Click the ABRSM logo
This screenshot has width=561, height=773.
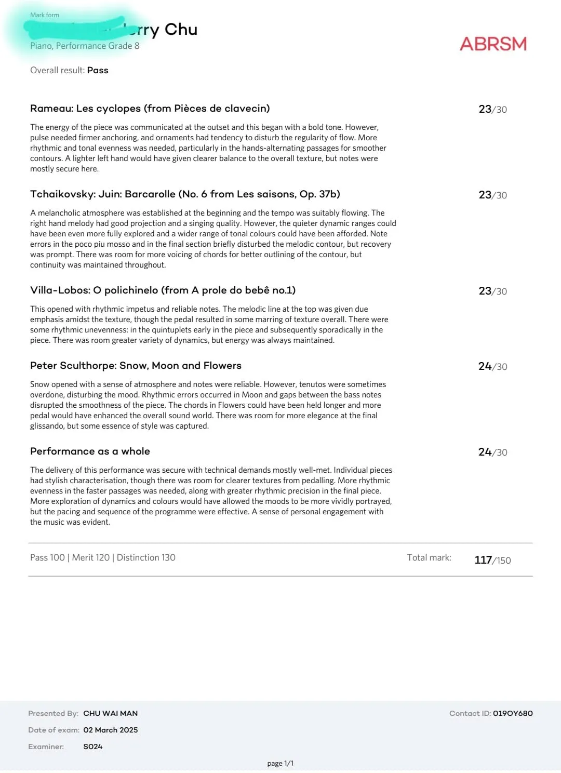(x=493, y=44)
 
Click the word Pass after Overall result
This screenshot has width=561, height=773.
(x=98, y=70)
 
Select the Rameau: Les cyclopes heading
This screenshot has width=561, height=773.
(x=150, y=109)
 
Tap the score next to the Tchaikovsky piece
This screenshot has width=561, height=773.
(x=492, y=195)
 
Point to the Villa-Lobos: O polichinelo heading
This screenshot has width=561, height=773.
(x=163, y=290)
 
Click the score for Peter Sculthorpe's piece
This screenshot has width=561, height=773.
(x=492, y=366)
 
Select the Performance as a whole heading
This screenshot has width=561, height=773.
(x=90, y=451)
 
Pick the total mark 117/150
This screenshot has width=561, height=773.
(x=492, y=560)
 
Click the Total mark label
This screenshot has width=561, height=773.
(x=429, y=557)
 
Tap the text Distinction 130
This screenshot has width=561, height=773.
(x=146, y=557)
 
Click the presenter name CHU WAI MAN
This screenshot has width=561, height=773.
(x=110, y=713)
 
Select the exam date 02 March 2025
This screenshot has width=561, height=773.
(x=110, y=730)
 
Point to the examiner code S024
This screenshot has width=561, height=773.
(x=92, y=747)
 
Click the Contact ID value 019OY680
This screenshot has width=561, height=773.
(x=513, y=713)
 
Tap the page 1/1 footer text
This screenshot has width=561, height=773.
(x=280, y=763)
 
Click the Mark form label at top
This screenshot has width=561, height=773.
(x=45, y=15)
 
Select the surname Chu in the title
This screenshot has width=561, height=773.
(x=181, y=30)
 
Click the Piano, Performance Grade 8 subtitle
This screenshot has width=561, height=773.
(x=85, y=46)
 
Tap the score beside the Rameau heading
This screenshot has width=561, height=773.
(x=492, y=109)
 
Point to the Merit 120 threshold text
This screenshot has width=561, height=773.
(x=90, y=557)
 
